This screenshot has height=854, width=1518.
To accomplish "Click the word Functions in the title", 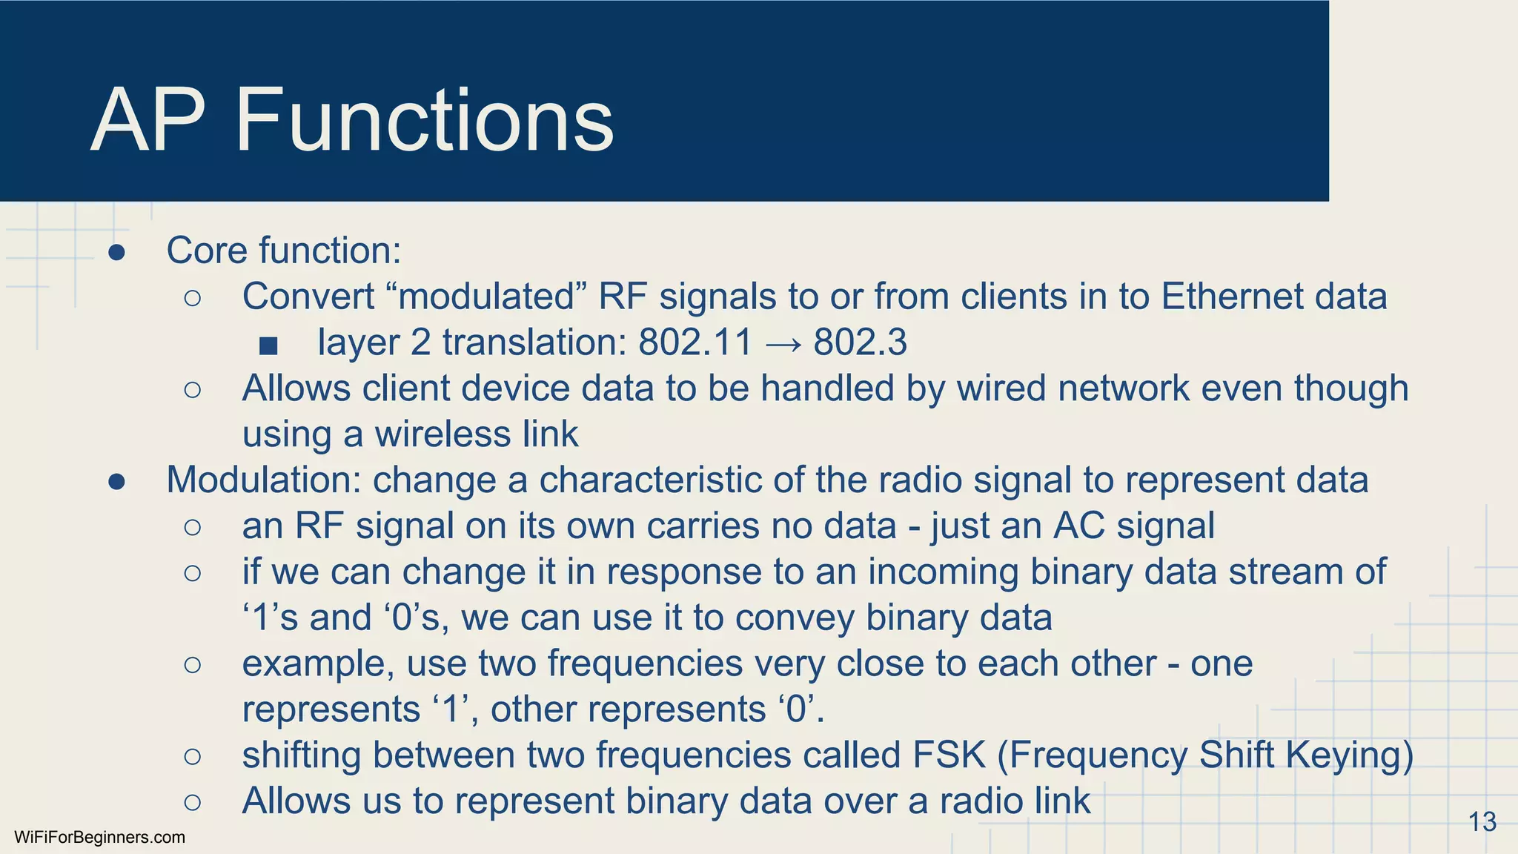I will pos(424,120).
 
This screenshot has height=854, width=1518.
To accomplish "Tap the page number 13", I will pos(1482,821).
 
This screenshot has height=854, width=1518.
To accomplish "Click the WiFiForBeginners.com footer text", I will pos(99,838).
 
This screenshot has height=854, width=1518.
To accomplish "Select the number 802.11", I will pos(695,342).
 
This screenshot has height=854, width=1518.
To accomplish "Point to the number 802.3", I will pos(860,342).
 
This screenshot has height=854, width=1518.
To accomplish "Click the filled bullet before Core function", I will pos(116,253).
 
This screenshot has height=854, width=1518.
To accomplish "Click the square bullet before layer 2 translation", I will pos(268,345).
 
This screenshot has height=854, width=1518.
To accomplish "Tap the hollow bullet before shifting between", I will pos(192,756).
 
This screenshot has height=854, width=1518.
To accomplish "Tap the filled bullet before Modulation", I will pos(116,483).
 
